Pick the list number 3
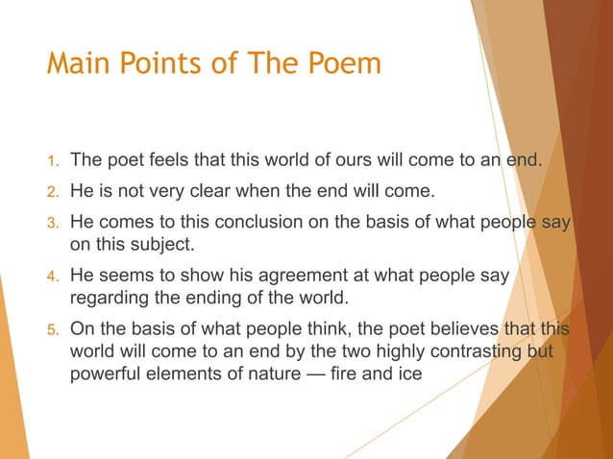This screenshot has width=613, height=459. point(54,222)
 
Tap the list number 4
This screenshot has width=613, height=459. point(54,277)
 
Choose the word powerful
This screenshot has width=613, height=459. point(108,373)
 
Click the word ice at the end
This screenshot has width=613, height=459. point(409,373)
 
